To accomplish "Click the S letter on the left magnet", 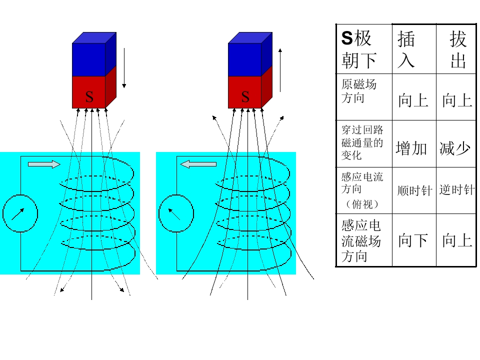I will pyautogui.click(x=89, y=97).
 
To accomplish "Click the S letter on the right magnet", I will pyautogui.click(x=245, y=97).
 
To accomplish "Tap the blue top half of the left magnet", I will pyautogui.click(x=89, y=59).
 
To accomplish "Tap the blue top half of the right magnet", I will pyautogui.click(x=245, y=59).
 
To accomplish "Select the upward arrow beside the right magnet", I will pyautogui.click(x=280, y=70).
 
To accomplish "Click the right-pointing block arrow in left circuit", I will pyautogui.click(x=44, y=164).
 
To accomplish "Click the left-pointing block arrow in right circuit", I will pyautogui.click(x=198, y=163).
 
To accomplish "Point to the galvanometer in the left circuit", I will pyautogui.click(x=20, y=213).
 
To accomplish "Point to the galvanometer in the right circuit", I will pyautogui.click(x=176, y=213).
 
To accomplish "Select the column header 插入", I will pyautogui.click(x=406, y=49).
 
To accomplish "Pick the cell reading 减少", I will pyautogui.click(x=455, y=148).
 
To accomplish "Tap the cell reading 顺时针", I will pyautogui.click(x=415, y=191).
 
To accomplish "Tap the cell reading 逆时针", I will pyautogui.click(x=456, y=190).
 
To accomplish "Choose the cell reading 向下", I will pyautogui.click(x=413, y=240).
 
